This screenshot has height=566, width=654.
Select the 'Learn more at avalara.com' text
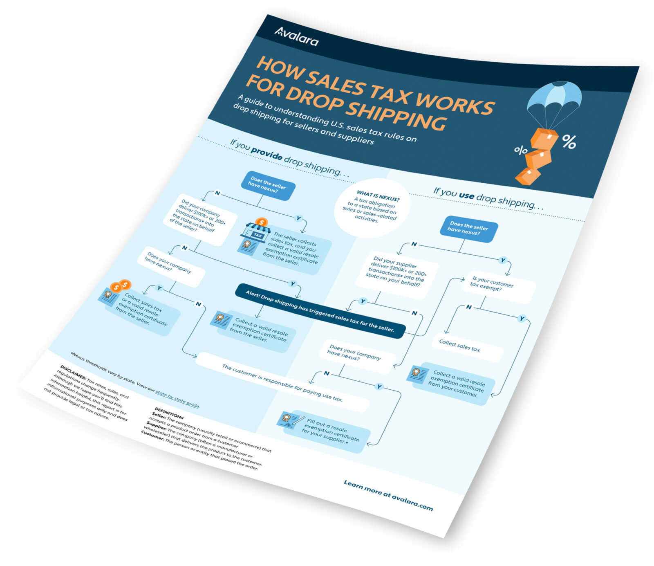[388, 495]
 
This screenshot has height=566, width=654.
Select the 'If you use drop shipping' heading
[488, 198]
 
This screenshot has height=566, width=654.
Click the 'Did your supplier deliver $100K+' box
[396, 272]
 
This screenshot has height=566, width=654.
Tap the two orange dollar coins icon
[121, 285]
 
